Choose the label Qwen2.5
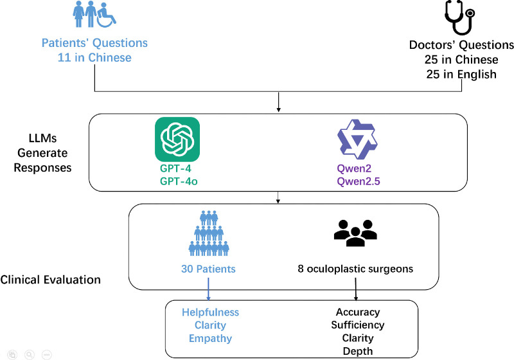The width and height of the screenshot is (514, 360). click(358, 181)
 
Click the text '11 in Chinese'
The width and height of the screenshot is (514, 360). click(94, 58)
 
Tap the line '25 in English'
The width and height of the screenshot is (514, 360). click(461, 74)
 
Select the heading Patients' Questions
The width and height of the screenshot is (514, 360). click(94, 44)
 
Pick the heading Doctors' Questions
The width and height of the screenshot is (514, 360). click(461, 45)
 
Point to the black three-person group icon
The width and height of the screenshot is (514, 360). click(355, 231)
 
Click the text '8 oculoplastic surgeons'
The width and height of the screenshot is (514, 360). click(355, 269)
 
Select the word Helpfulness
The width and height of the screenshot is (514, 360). click(209, 312)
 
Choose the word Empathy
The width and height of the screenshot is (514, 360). click(209, 338)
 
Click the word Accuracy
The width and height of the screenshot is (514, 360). click(358, 312)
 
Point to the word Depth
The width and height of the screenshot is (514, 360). click(358, 350)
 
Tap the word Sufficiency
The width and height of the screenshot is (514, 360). click(358, 325)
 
